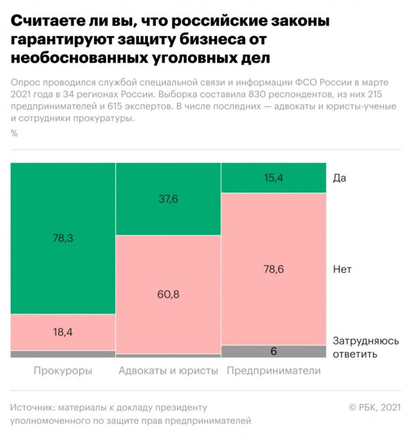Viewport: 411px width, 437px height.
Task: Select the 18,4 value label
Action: coord(63,332)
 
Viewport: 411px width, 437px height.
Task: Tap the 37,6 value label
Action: coord(168,199)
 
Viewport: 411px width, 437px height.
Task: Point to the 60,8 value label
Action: coord(168,294)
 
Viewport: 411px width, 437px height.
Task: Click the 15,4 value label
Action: coord(274,178)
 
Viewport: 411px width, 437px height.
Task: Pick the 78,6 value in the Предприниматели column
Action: coord(274,269)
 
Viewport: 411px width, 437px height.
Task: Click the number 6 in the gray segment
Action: coord(274,351)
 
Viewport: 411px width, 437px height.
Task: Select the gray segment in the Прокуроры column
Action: coord(63,354)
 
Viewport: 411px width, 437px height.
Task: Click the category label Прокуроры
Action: coord(63,371)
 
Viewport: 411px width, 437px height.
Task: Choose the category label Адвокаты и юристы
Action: coord(168,371)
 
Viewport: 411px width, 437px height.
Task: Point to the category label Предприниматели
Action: coord(274,371)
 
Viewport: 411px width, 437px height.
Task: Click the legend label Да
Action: coord(340,178)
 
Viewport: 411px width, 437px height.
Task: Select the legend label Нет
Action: coord(342,269)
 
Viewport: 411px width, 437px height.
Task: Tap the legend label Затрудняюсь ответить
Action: coord(365,347)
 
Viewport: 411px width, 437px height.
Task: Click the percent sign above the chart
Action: coord(14,133)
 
